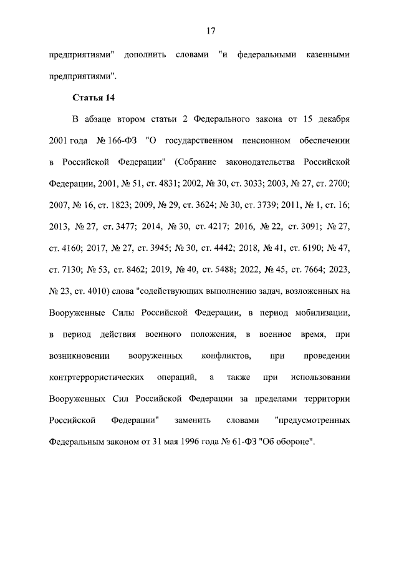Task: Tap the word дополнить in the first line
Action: (x=145, y=56)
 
